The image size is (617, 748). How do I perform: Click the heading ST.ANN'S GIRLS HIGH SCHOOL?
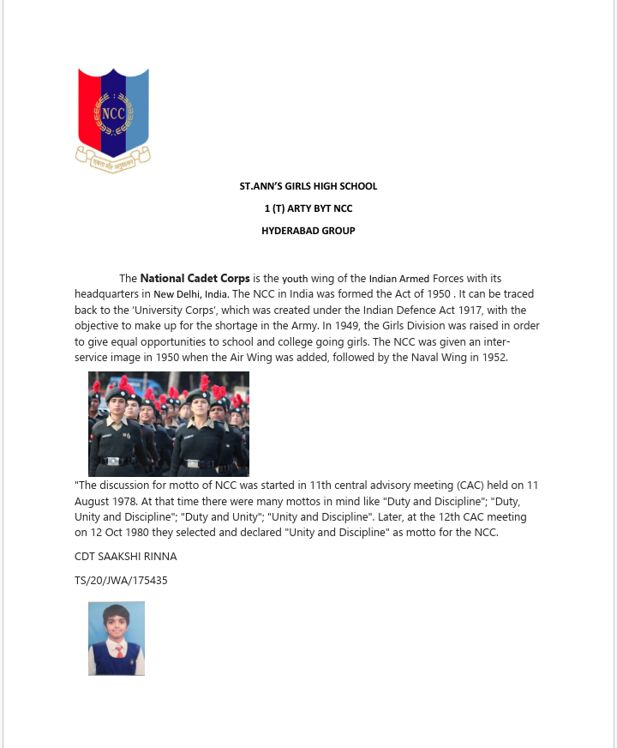pyautogui.click(x=308, y=186)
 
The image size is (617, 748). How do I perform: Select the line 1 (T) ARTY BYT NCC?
pyautogui.click(x=308, y=208)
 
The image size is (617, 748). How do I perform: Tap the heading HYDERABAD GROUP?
pyautogui.click(x=308, y=231)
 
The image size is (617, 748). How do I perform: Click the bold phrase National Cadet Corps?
pyautogui.click(x=195, y=278)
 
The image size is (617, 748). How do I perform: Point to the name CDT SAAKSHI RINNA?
pyautogui.click(x=126, y=557)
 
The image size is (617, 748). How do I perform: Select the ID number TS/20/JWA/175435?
pyautogui.click(x=121, y=580)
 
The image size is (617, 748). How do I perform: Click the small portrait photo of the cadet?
pyautogui.click(x=117, y=638)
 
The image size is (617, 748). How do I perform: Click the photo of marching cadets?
pyautogui.click(x=169, y=424)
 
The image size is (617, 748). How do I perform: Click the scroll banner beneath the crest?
pyautogui.click(x=113, y=160)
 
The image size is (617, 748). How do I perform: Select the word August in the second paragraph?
pyautogui.click(x=93, y=501)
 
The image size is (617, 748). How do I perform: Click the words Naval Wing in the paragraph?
pyautogui.click(x=416, y=357)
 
